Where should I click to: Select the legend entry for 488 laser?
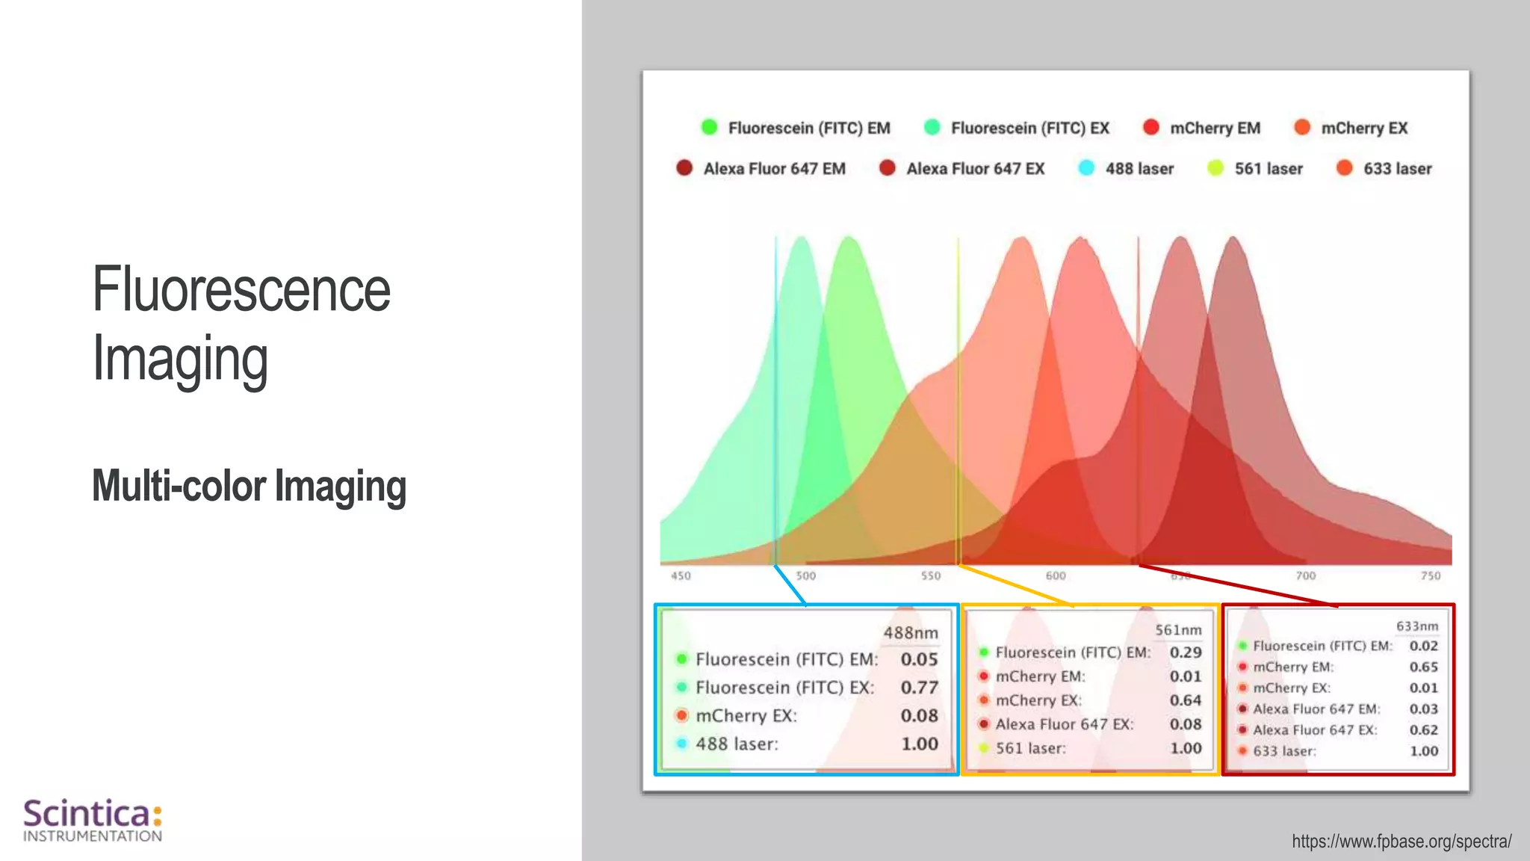click(x=1127, y=169)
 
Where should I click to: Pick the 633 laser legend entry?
click(x=1384, y=169)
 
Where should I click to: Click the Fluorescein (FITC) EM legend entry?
click(x=796, y=128)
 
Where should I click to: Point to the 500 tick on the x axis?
click(x=805, y=575)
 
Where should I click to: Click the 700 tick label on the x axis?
click(x=1305, y=575)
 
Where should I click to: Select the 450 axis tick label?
click(x=681, y=575)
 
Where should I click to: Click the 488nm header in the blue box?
click(x=910, y=633)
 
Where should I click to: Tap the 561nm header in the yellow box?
click(x=1178, y=630)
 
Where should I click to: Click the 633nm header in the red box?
click(x=1416, y=626)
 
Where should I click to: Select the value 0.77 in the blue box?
click(x=919, y=688)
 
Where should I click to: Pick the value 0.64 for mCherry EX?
click(x=1186, y=700)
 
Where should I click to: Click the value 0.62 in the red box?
click(x=1423, y=730)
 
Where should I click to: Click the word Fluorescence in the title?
click(x=241, y=290)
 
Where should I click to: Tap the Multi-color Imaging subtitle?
click(x=249, y=486)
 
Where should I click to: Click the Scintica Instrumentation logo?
click(x=93, y=820)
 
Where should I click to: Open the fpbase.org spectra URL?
click(x=1402, y=842)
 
